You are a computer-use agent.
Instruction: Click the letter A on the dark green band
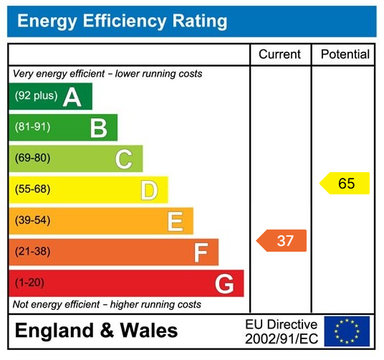(72, 97)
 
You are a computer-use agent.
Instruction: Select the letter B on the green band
(98, 128)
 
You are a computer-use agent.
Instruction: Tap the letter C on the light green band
(124, 159)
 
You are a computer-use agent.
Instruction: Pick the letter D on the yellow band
(149, 190)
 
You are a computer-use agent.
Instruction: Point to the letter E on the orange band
(175, 221)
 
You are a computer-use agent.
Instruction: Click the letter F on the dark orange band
(201, 252)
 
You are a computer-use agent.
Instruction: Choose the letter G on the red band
(224, 284)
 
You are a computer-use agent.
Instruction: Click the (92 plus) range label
(36, 96)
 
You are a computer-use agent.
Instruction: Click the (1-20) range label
(29, 283)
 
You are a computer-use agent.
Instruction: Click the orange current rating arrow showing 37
(282, 241)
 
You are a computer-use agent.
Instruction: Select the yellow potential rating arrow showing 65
(345, 184)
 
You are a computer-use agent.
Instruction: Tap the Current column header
(279, 55)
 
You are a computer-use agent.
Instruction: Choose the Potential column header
(345, 55)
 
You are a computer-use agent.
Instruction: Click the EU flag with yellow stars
(347, 331)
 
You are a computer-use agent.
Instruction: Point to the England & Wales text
(96, 331)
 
